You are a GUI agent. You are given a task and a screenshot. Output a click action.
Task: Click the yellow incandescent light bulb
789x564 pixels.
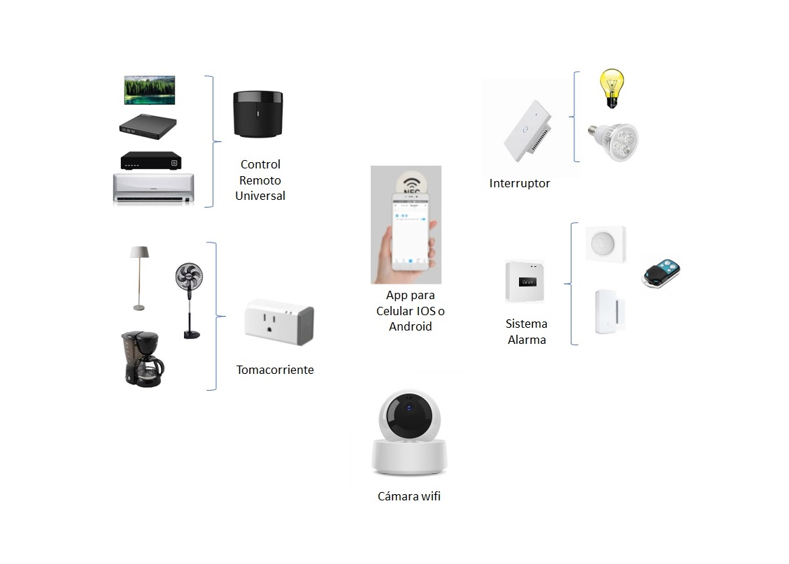612,87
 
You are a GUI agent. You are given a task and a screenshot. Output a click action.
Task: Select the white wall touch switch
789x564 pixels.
527,131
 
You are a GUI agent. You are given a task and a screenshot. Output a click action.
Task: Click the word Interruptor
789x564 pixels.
520,184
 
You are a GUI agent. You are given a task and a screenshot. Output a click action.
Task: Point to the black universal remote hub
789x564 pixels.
257,113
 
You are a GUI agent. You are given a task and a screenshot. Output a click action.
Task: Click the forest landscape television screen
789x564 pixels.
150,90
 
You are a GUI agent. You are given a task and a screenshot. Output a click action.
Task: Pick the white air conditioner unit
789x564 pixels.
154,188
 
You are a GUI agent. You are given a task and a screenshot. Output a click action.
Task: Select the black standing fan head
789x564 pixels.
189,277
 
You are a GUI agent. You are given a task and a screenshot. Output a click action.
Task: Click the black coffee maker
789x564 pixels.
142,359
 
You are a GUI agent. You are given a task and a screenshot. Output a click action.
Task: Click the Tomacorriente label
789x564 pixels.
275,370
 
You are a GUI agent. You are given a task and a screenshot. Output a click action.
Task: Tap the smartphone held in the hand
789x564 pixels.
409,232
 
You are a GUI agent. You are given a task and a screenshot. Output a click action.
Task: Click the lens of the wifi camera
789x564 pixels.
407,415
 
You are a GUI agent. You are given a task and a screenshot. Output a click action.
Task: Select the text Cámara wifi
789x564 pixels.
409,497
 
